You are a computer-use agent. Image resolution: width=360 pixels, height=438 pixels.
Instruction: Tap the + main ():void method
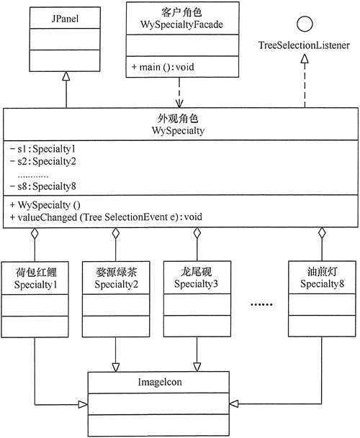point(164,68)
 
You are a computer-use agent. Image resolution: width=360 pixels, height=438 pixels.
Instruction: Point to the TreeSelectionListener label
point(305,45)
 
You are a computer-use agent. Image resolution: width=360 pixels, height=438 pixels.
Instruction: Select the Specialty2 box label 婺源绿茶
point(115,273)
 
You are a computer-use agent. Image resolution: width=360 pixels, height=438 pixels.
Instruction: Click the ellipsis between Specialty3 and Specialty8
point(261,305)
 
